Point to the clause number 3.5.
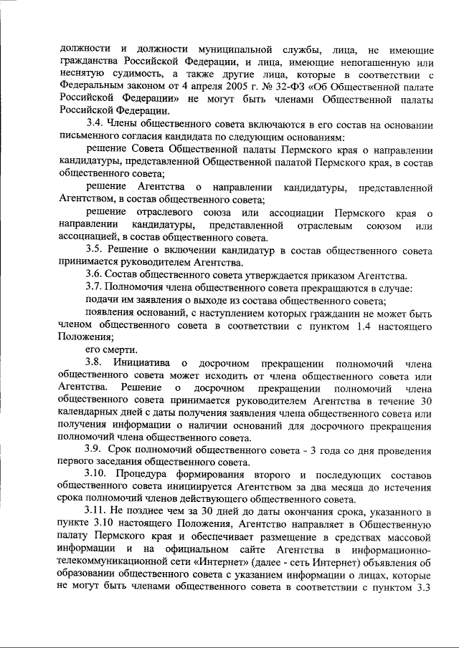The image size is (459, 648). tap(94, 250)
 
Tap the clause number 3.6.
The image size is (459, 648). tap(94, 276)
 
